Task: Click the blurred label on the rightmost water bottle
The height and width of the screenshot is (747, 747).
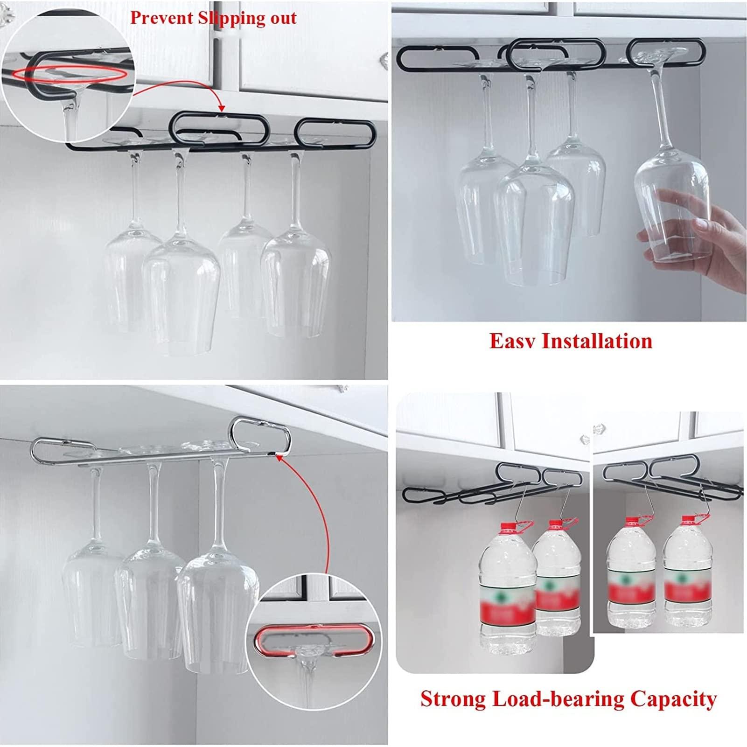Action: pos(683,586)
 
